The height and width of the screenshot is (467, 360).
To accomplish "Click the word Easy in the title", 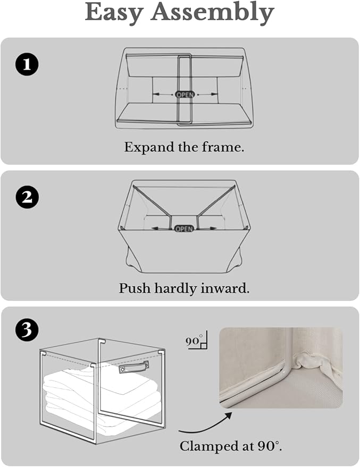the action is pyautogui.click(x=114, y=13).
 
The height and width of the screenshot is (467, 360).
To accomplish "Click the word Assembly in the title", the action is pyautogui.click(x=212, y=13).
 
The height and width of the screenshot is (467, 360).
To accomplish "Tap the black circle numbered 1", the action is pyautogui.click(x=27, y=64).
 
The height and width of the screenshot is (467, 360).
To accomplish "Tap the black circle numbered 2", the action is pyautogui.click(x=27, y=197).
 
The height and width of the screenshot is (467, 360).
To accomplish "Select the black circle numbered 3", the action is pyautogui.click(x=27, y=330).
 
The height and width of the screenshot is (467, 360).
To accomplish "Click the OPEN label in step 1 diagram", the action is pyautogui.click(x=185, y=95).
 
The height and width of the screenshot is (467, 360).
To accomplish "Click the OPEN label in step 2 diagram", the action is pyautogui.click(x=184, y=229).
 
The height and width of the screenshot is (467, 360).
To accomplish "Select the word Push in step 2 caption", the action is pyautogui.click(x=135, y=288).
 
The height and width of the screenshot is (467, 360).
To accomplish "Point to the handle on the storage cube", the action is pyautogui.click(x=133, y=367).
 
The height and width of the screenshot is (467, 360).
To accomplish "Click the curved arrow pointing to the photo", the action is pyautogui.click(x=206, y=426).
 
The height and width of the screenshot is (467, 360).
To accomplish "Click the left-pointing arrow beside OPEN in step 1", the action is pyautogui.click(x=163, y=94).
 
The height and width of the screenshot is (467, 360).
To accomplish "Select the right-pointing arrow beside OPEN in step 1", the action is pyautogui.click(x=207, y=94).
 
